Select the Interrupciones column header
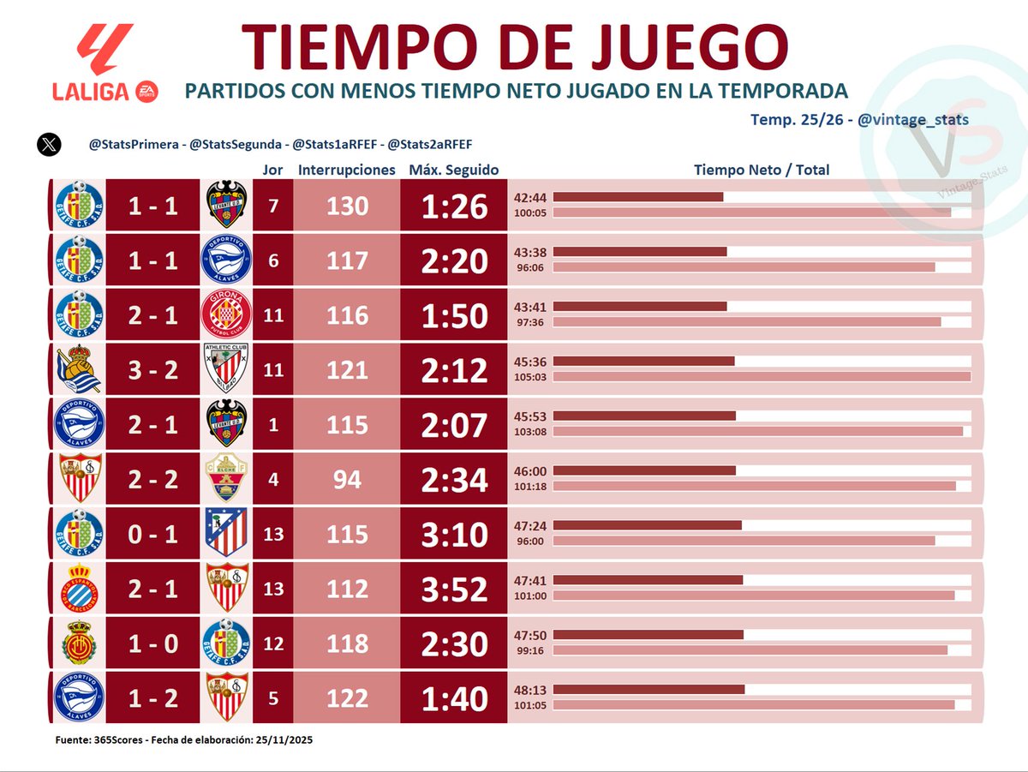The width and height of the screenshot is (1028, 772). coord(347,170)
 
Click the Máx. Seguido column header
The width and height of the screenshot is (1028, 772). coord(453,170)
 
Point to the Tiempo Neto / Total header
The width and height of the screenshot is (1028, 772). coord(761,170)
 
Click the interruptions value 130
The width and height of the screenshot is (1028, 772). coord(347,206)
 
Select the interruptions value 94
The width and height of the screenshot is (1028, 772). coord(347,480)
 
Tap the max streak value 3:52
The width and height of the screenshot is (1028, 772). coord(453,589)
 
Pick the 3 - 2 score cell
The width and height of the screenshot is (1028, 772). coord(153,370)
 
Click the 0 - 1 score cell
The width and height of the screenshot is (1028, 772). coord(153,535)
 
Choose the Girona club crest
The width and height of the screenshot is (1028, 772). coord(227,315)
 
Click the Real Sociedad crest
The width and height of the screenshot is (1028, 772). coord(79,370)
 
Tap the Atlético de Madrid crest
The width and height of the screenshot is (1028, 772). coord(227,535)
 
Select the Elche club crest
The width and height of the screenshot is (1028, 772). coord(227,480)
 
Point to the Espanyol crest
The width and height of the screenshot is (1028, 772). coord(79,589)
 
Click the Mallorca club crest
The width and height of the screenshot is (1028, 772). coord(79,644)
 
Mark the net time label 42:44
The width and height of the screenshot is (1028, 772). coord(530,197)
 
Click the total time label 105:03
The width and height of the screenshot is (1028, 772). coord(530,377)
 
